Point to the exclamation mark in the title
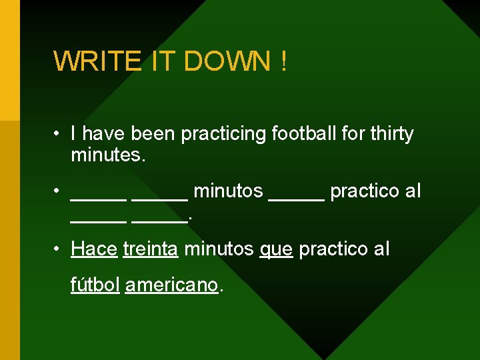click(284, 62)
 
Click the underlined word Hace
click(94, 249)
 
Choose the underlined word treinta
click(151, 249)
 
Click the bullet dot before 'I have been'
click(58, 134)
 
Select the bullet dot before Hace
click(58, 249)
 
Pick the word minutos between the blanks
click(227, 192)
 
